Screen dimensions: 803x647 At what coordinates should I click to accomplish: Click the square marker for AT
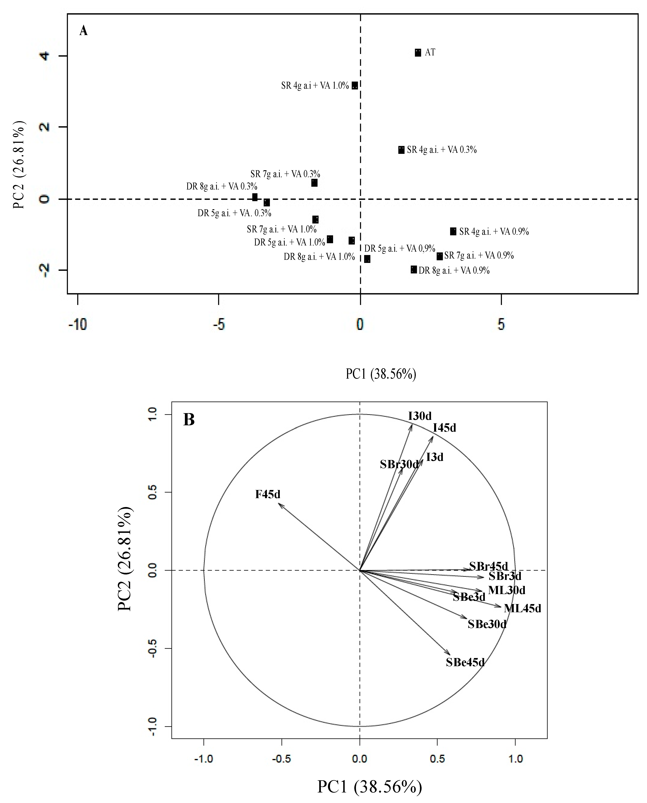418,53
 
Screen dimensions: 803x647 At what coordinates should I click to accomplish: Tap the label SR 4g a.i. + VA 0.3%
442,150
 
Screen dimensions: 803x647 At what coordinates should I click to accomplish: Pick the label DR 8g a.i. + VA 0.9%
454,270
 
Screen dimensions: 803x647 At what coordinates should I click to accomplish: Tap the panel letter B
189,420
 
